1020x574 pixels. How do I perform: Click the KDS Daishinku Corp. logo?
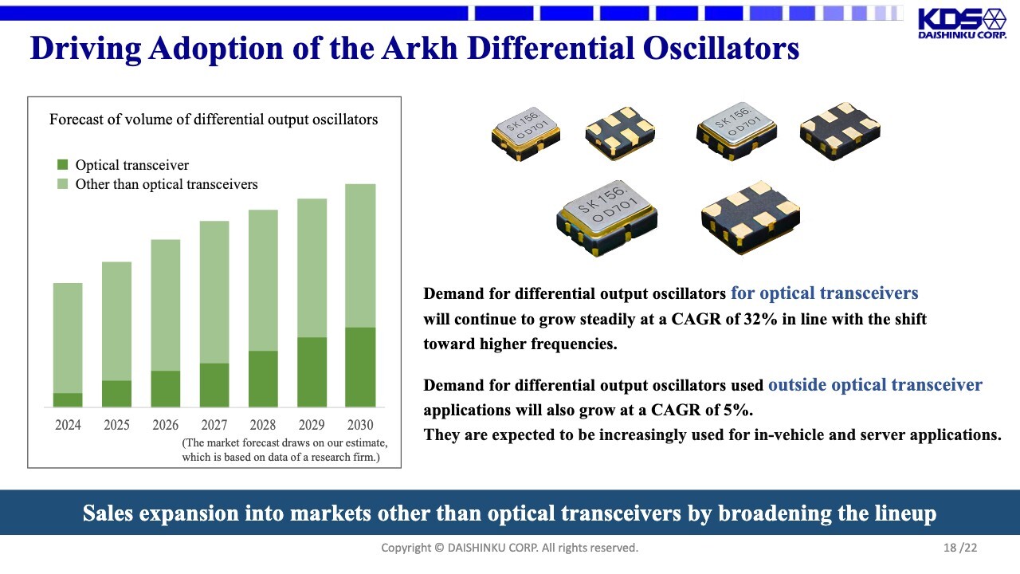point(962,23)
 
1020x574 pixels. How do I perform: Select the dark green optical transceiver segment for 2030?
point(360,367)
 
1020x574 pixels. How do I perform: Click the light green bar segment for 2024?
point(68,338)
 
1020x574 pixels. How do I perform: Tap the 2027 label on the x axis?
point(214,425)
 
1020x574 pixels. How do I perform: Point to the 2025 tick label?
point(116,425)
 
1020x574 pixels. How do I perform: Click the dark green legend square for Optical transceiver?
point(62,164)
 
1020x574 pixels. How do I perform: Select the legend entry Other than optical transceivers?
point(158,184)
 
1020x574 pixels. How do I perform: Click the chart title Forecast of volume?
point(214,120)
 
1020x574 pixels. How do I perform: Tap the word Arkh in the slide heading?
point(419,48)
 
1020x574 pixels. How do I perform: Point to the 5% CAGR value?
point(736,410)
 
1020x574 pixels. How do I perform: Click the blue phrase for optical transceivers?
point(824,293)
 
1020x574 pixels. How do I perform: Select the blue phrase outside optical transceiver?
point(875,385)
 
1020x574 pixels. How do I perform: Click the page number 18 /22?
point(960,548)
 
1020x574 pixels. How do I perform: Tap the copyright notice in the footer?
point(509,548)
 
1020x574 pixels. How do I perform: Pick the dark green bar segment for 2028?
point(263,379)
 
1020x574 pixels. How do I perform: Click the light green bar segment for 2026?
point(165,305)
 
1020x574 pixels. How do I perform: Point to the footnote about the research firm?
point(284,450)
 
